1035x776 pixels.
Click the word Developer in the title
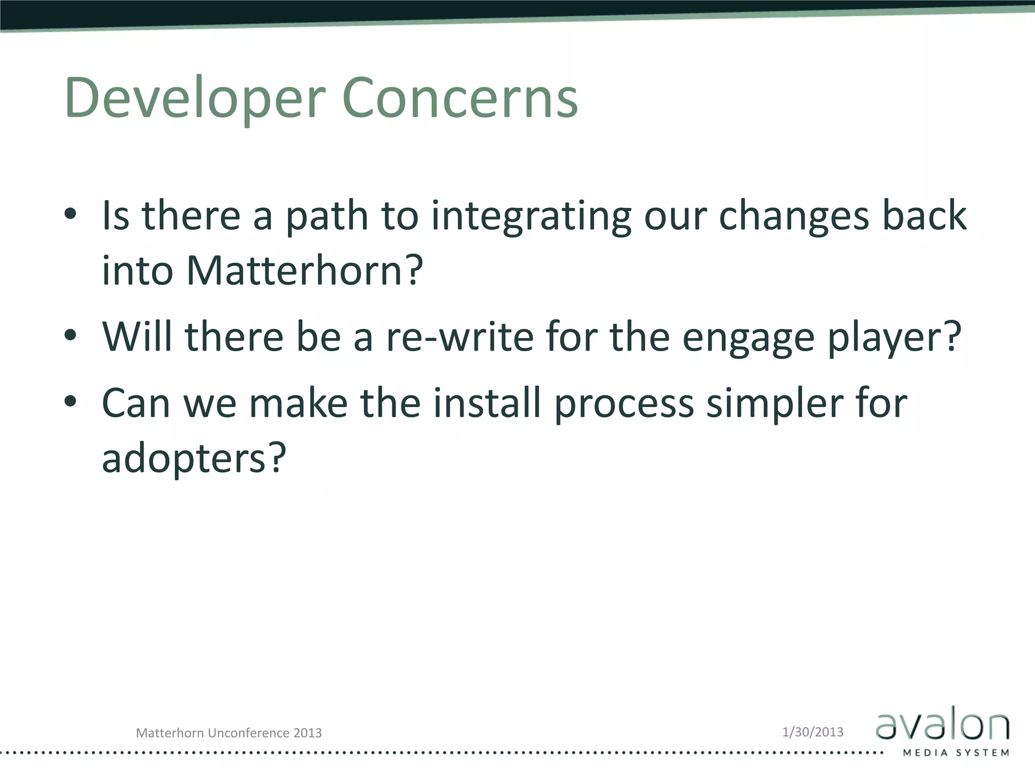pyautogui.click(x=195, y=99)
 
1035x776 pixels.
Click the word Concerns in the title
pyautogui.click(x=460, y=99)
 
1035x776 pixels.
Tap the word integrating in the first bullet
pyautogui.click(x=531, y=216)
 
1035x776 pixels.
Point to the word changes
pyautogui.click(x=793, y=216)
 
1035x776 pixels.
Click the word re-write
pyautogui.click(x=460, y=336)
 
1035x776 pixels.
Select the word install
pyautogui.click(x=487, y=403)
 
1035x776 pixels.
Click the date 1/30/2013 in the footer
pyautogui.click(x=813, y=732)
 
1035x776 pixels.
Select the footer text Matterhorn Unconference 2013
pyautogui.click(x=229, y=733)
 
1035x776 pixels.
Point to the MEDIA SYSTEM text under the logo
pyautogui.click(x=956, y=753)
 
